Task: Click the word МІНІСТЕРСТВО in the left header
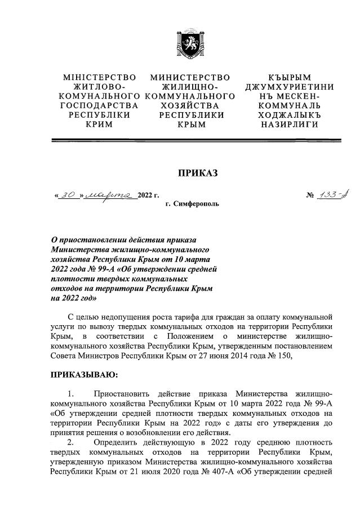(x=100, y=77)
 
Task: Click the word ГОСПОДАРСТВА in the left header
(x=100, y=106)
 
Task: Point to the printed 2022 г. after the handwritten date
(x=149, y=196)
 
